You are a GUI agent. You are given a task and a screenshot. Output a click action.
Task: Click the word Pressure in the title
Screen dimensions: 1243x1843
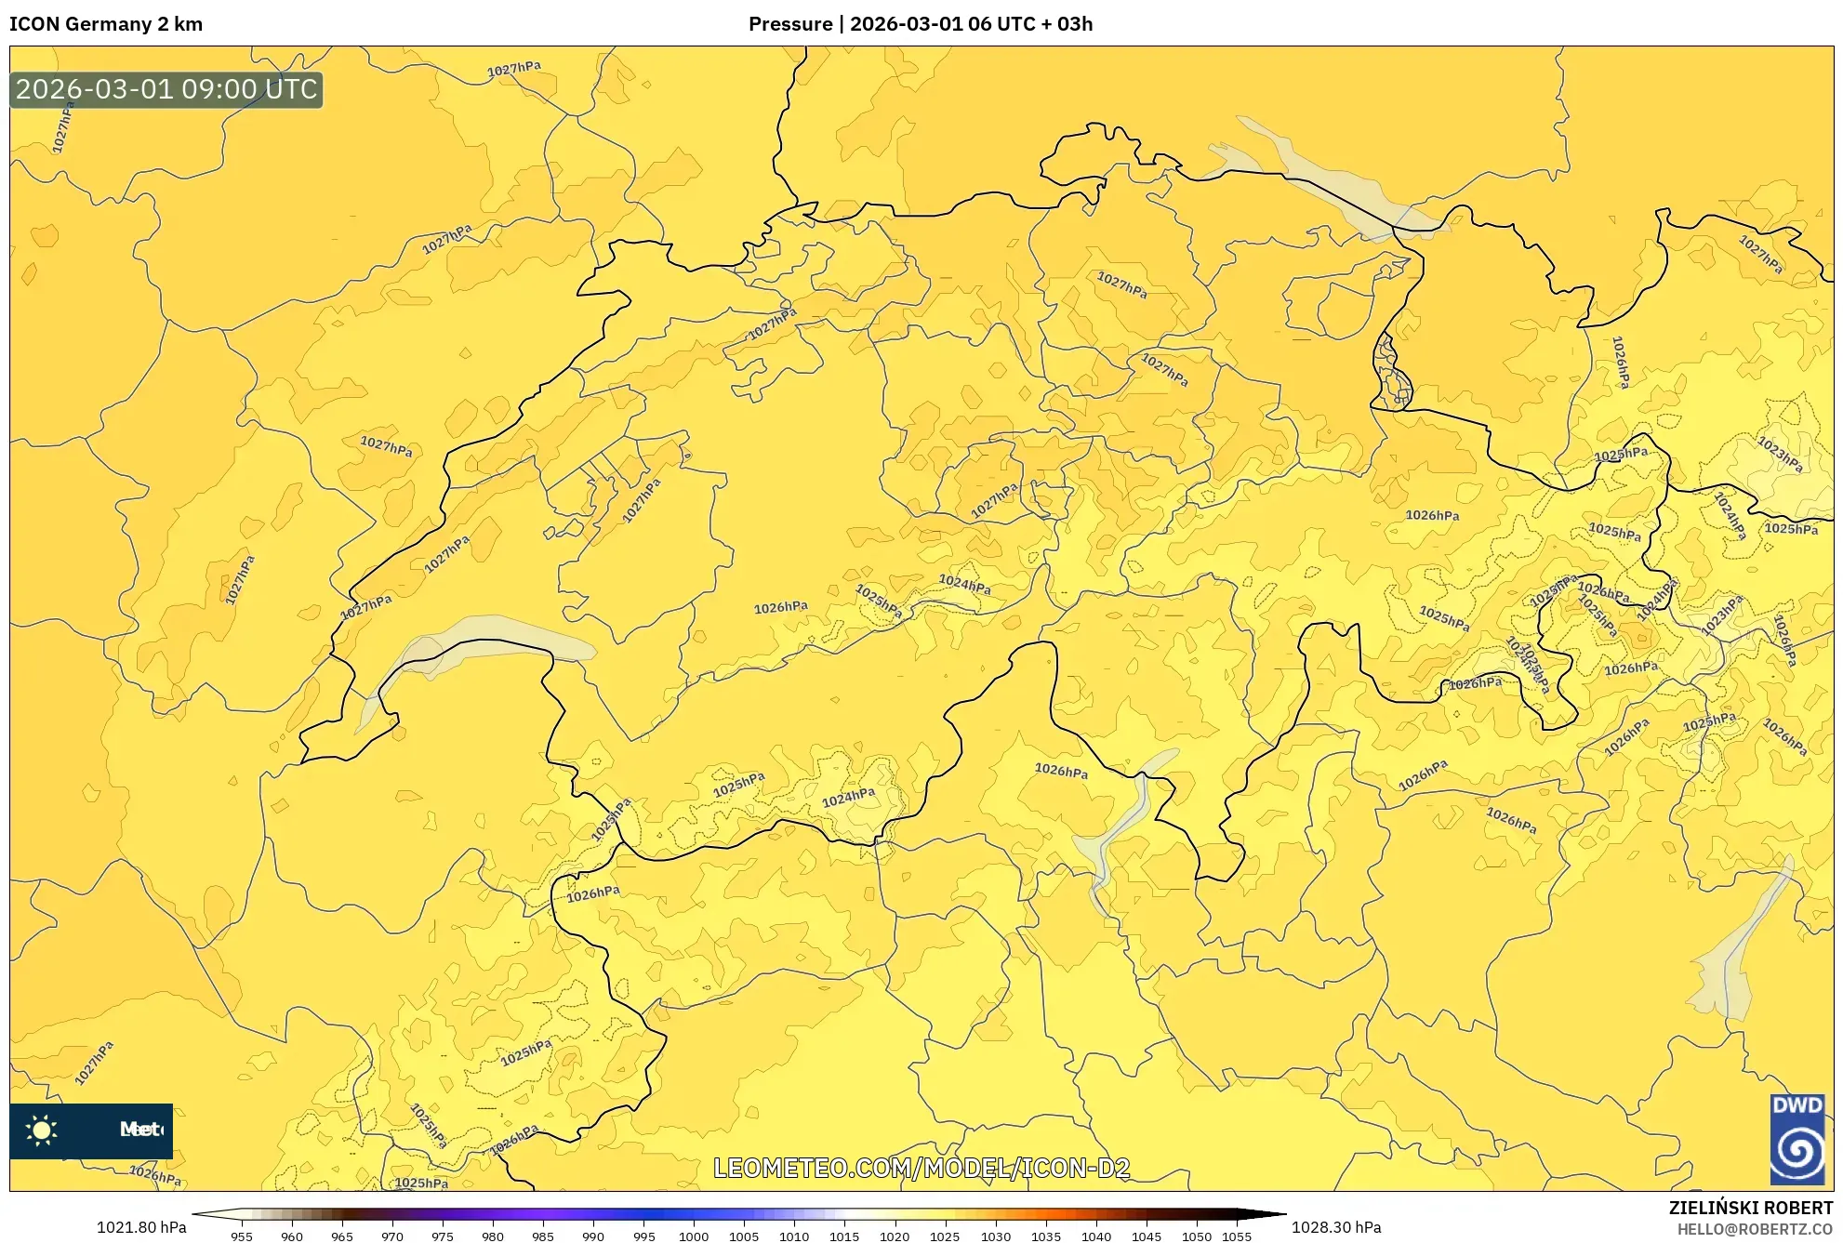[789, 24]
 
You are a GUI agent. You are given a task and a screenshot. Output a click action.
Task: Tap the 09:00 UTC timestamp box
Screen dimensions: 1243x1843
[166, 90]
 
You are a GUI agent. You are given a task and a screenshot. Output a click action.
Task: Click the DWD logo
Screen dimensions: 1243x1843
[1797, 1139]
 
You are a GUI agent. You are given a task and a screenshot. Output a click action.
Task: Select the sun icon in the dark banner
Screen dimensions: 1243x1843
[42, 1130]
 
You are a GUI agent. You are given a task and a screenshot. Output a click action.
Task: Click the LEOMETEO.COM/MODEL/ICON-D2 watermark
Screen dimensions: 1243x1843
[921, 1169]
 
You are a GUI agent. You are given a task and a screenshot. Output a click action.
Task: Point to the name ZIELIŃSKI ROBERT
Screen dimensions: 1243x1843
[1750, 1208]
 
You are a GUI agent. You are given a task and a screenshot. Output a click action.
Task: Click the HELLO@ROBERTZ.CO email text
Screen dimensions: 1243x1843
[1755, 1229]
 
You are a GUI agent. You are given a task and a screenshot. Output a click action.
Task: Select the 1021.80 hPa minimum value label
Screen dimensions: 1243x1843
[141, 1227]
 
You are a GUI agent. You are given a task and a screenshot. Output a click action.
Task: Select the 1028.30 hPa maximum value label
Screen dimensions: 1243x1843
[1336, 1227]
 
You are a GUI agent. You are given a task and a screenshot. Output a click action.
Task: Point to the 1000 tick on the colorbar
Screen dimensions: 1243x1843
[694, 1236]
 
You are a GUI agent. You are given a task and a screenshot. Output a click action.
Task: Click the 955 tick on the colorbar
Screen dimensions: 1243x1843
[242, 1236]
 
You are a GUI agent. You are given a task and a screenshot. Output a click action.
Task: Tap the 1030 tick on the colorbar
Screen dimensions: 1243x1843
[995, 1236]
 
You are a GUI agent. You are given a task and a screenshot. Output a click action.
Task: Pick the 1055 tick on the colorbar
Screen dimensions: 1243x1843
[1237, 1236]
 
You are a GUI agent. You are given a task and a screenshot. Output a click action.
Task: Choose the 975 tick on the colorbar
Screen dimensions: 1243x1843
[443, 1236]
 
